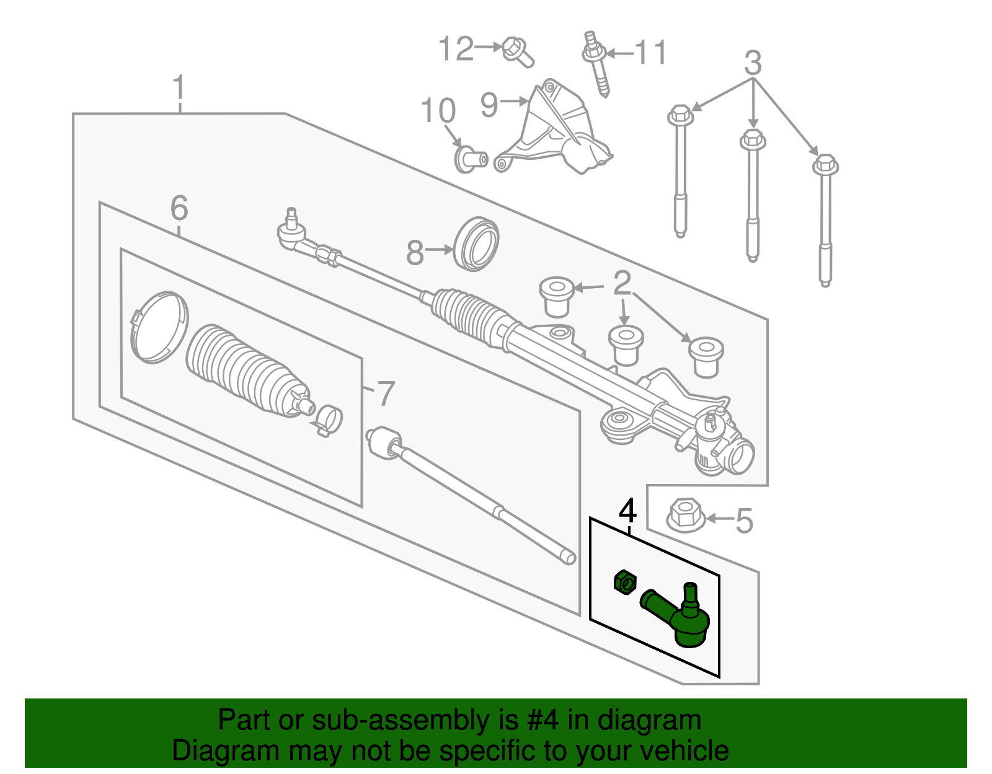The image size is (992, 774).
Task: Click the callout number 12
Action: point(456,48)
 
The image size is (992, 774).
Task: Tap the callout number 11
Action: point(650,53)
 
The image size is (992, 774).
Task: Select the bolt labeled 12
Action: point(516,51)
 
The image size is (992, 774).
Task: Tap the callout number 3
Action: point(752,63)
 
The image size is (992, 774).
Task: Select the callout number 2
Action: point(621,283)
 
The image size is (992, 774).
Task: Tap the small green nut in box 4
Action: point(625,582)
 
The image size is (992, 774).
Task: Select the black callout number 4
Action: point(627,512)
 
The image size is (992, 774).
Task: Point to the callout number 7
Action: point(386,394)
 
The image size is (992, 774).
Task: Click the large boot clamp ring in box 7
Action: point(159,327)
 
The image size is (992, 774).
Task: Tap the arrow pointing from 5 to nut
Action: point(719,518)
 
